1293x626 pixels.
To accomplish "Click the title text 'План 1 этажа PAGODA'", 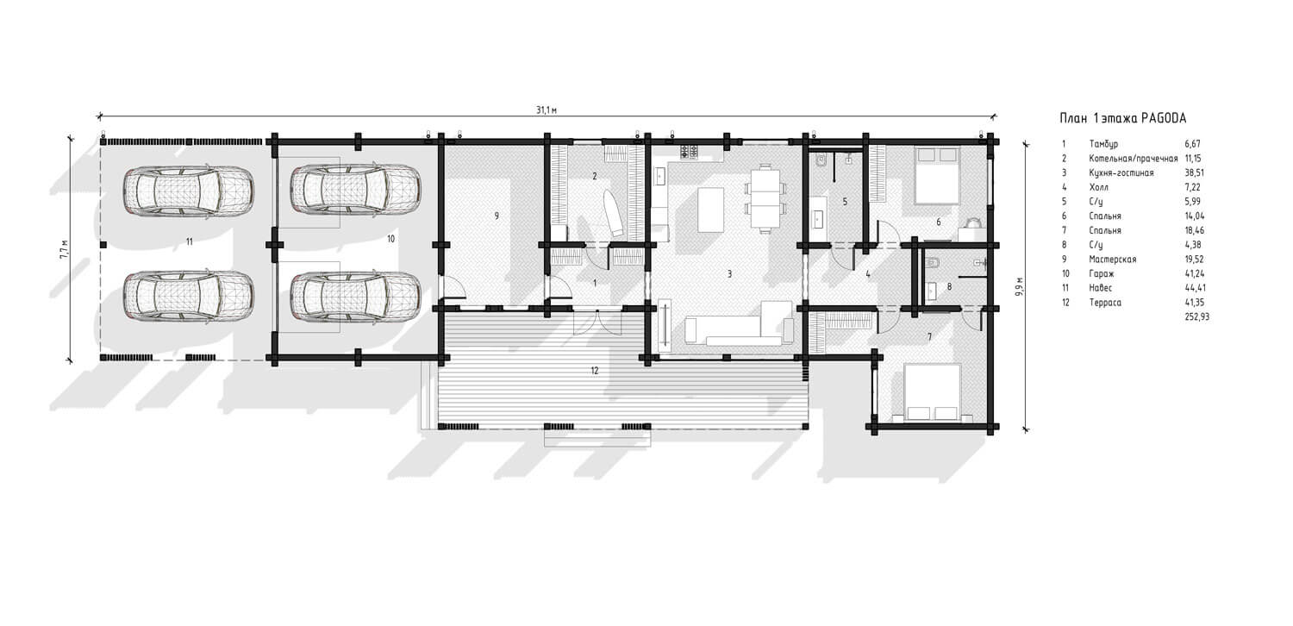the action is [x=1122, y=118].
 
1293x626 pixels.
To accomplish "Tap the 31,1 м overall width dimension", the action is [x=546, y=110].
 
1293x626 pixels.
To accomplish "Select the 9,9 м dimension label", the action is [x=1020, y=286].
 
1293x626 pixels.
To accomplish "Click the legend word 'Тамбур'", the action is [x=1103, y=144].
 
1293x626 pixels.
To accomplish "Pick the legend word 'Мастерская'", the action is [x=1112, y=260].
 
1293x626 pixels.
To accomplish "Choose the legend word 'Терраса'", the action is [x=1105, y=303].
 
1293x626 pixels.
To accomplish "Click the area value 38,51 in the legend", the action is [x=1194, y=172].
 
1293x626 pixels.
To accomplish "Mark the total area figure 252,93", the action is [x=1196, y=317].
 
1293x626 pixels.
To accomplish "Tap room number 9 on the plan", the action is [x=497, y=216].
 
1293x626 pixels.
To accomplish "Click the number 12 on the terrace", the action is [x=595, y=371].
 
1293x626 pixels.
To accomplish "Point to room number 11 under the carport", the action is [x=190, y=242].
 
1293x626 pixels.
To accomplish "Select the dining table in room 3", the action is [x=765, y=197].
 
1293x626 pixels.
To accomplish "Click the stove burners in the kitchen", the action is [x=689, y=152].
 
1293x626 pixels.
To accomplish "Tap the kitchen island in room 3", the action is [x=710, y=209].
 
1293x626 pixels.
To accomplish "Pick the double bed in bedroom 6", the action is [x=936, y=176].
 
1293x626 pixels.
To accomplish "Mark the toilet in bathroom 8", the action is [x=932, y=264].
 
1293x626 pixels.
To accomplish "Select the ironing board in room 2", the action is [x=611, y=212].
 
